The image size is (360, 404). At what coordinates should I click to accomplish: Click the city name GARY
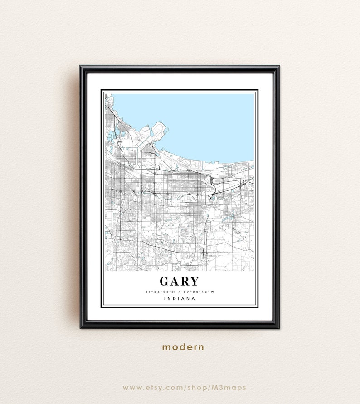179,282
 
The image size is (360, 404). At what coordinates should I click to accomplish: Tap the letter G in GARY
165,282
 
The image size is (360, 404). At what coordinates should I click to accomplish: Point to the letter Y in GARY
194,282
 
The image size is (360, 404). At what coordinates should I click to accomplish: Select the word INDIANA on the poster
180,299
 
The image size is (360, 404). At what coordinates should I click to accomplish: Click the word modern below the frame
183,347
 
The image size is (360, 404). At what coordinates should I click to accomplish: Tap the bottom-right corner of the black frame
278,327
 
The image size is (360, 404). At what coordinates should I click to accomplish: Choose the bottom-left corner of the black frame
81,327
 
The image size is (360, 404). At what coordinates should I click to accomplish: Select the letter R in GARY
185,282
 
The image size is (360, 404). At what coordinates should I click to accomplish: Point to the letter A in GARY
175,282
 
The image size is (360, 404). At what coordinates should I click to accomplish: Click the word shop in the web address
200,388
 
